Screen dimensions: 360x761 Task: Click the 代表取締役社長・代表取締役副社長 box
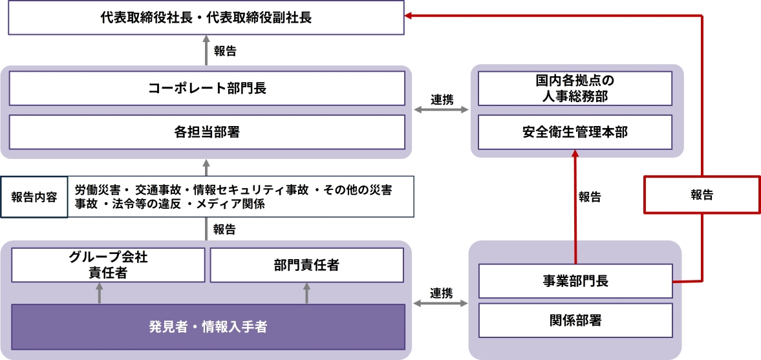[x=206, y=17]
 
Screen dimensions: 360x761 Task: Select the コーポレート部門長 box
[x=207, y=88]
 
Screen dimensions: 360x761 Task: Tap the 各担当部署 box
[x=207, y=132]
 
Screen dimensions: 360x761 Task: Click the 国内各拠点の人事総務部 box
[x=575, y=89]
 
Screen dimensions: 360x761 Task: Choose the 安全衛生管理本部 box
[x=575, y=132]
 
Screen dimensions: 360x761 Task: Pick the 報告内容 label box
[x=34, y=197]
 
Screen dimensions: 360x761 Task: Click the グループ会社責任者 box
[x=108, y=265]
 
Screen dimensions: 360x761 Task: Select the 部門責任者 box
[x=306, y=265]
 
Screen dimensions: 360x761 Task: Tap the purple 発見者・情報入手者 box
[x=207, y=327]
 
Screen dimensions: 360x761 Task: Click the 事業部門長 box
[x=575, y=282]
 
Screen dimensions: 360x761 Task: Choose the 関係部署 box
[x=575, y=319]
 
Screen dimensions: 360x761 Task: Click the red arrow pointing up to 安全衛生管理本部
[x=575, y=194]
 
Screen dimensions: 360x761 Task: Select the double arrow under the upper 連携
[x=442, y=111]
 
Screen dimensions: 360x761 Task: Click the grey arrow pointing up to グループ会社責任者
[x=99, y=293]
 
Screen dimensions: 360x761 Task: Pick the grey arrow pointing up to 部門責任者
[x=306, y=293]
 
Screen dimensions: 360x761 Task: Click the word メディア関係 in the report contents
[x=230, y=204]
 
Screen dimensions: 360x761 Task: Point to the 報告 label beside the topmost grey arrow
[x=224, y=52]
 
